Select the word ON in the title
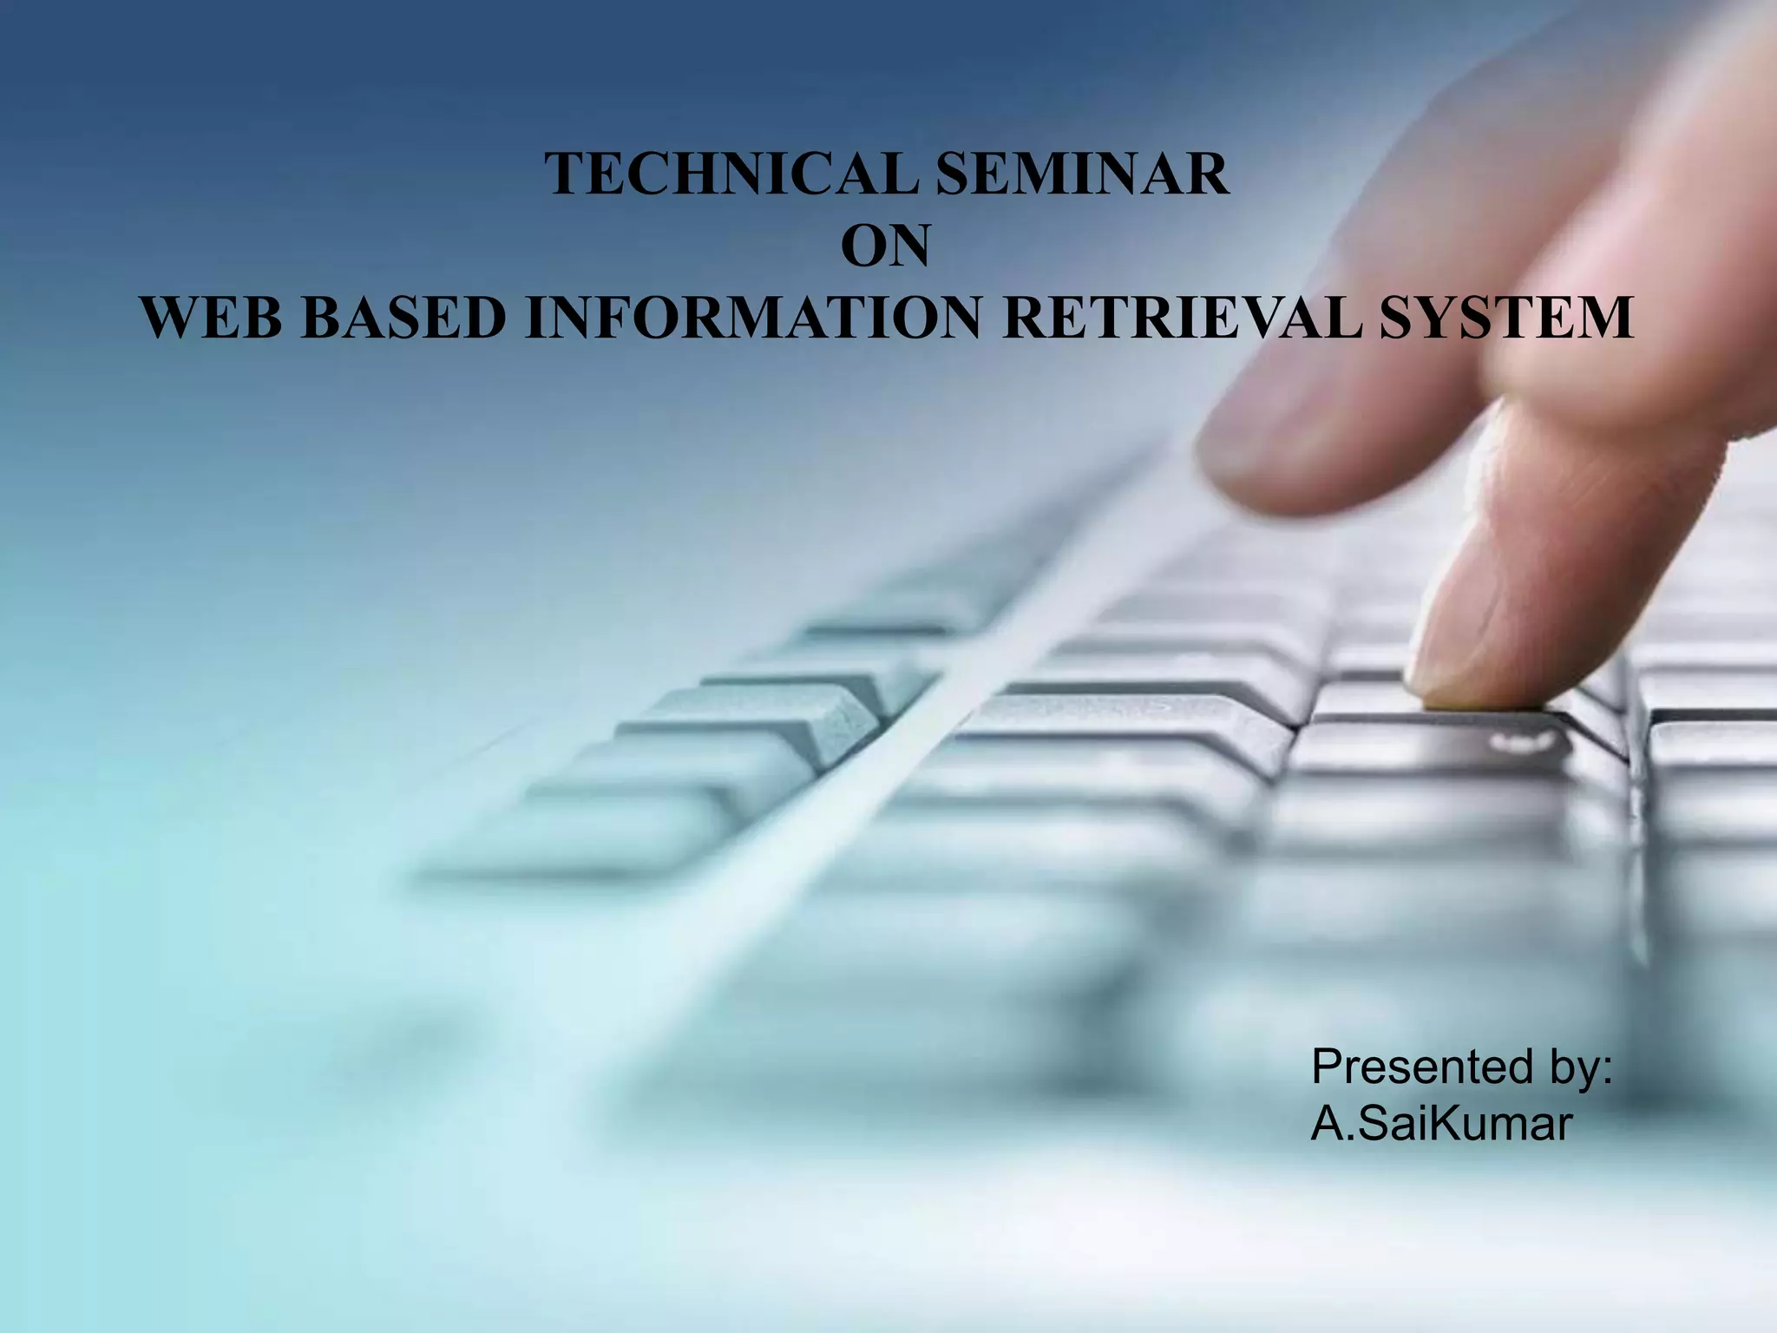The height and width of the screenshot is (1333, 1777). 885,246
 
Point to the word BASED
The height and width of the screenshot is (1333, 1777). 403,318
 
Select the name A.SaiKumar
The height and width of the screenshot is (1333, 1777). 1440,1125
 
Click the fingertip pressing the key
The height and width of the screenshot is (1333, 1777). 1466,686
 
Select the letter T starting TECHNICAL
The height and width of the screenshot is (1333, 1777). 564,174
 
